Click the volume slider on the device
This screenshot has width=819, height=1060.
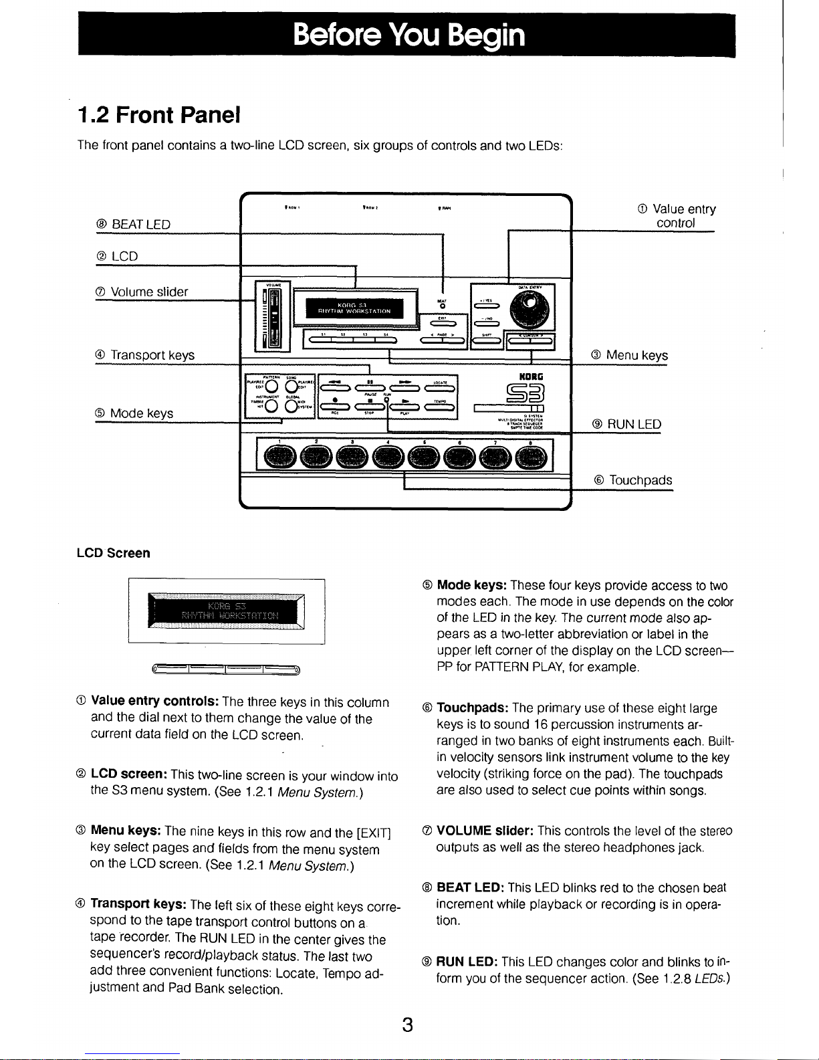pyautogui.click(x=273, y=314)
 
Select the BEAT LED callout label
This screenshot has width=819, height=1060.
pyautogui.click(x=133, y=225)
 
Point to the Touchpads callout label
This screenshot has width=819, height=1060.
pyautogui.click(x=633, y=481)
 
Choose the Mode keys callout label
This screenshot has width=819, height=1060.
pyautogui.click(x=134, y=414)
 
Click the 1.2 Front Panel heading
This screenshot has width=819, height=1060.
pyautogui.click(x=159, y=115)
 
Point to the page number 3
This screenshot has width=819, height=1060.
pyautogui.click(x=407, y=1024)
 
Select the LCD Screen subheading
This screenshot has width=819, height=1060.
pyautogui.click(x=114, y=553)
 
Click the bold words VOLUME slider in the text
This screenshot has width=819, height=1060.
pyautogui.click(x=484, y=831)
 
